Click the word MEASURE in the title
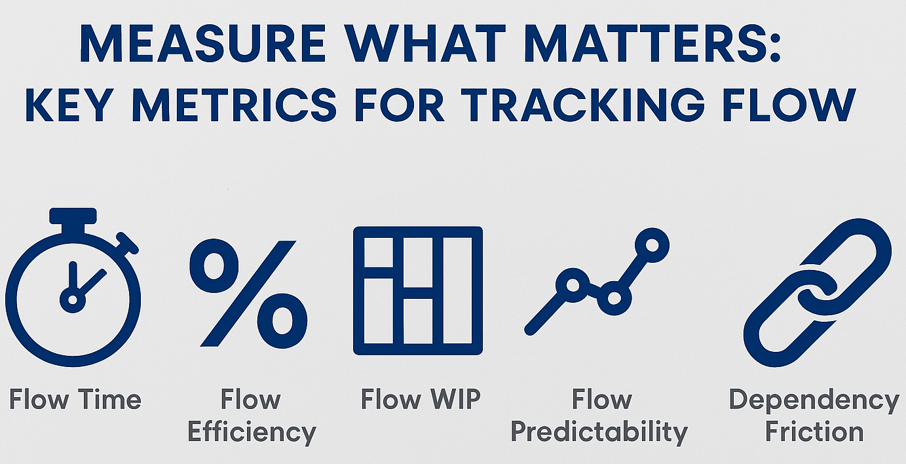click(x=202, y=43)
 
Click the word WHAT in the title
click(x=425, y=43)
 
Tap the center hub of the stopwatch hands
click(x=73, y=300)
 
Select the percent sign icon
click(x=248, y=294)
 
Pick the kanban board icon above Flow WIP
click(x=418, y=291)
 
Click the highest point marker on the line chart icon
click(x=652, y=244)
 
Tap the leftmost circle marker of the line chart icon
click(x=573, y=285)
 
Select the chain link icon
click(x=817, y=292)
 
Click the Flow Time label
click(x=75, y=399)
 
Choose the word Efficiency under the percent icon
click(x=252, y=433)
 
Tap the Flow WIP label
click(x=421, y=399)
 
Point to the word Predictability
click(x=599, y=433)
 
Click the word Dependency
click(x=814, y=400)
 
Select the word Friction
click(x=814, y=431)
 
